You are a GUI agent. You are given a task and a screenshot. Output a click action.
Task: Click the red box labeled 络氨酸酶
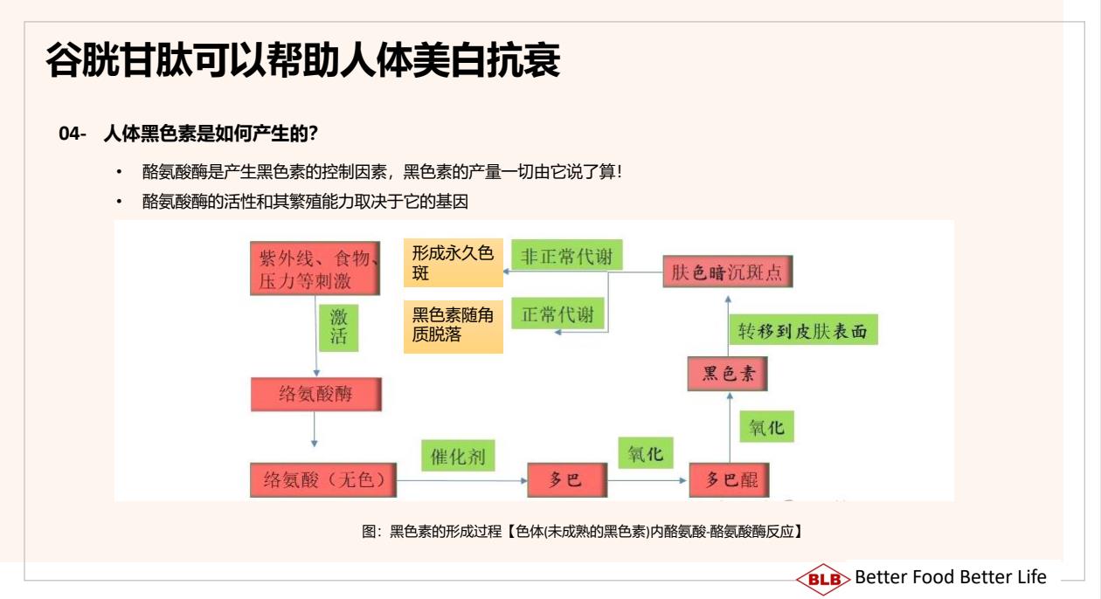(x=316, y=394)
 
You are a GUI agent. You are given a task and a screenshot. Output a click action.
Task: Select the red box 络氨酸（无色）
(x=323, y=479)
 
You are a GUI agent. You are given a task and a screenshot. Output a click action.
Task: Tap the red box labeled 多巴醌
(x=729, y=479)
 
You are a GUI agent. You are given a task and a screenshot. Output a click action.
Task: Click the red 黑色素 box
(x=727, y=374)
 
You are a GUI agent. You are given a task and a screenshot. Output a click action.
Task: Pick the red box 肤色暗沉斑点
(x=728, y=272)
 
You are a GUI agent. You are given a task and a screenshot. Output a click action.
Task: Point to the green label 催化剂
(x=458, y=456)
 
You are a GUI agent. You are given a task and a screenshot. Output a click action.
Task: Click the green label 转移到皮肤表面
(x=803, y=330)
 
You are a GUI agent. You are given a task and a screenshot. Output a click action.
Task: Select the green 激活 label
(x=339, y=327)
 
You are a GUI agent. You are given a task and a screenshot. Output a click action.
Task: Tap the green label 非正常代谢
(x=567, y=255)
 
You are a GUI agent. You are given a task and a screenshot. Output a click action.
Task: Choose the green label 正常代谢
(x=557, y=313)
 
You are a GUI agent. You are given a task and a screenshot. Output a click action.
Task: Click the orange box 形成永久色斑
(x=454, y=263)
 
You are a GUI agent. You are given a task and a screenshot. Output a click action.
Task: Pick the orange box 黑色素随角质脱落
(x=454, y=326)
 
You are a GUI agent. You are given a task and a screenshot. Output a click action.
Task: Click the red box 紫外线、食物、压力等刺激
(x=315, y=268)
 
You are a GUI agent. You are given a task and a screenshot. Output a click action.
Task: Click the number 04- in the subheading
(x=73, y=134)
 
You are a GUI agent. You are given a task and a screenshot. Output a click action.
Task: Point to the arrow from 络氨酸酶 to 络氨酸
(x=315, y=429)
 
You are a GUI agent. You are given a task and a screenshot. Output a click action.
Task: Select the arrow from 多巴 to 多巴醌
(x=647, y=480)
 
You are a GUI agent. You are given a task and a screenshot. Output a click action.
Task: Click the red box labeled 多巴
(x=567, y=479)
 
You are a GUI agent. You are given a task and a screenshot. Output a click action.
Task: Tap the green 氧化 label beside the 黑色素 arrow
(x=767, y=427)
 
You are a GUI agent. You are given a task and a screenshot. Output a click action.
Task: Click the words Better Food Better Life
(x=951, y=577)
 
